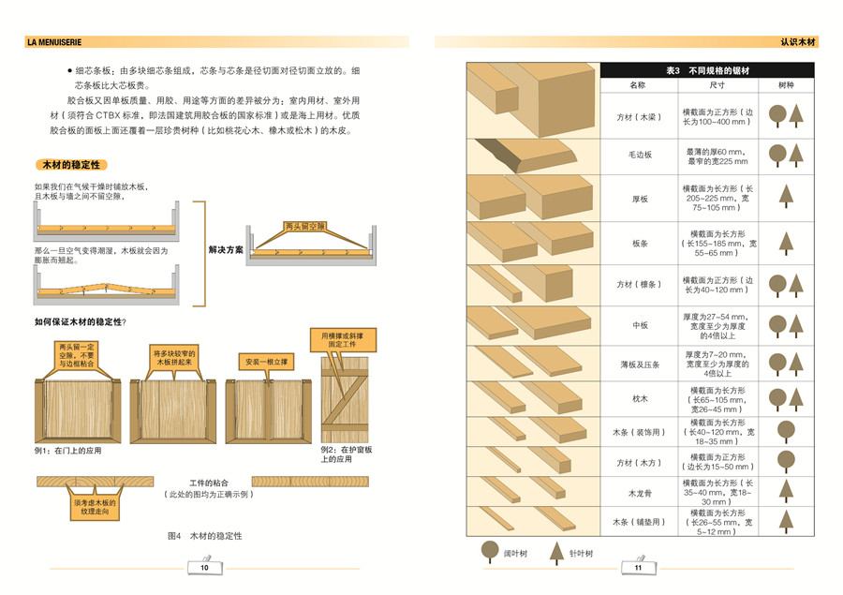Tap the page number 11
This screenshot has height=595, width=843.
tap(638, 568)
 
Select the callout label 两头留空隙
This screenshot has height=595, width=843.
tap(304, 227)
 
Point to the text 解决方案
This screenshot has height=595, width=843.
tap(225, 250)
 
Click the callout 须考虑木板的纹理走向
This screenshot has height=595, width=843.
tap(94, 508)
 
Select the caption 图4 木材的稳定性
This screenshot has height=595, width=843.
tap(204, 536)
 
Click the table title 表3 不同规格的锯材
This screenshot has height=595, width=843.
tap(707, 70)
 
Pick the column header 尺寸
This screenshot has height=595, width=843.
tap(717, 85)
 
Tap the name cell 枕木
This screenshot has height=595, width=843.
tap(640, 397)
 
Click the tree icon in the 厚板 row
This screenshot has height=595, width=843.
tap(786, 199)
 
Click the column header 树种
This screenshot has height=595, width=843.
tap(786, 85)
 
